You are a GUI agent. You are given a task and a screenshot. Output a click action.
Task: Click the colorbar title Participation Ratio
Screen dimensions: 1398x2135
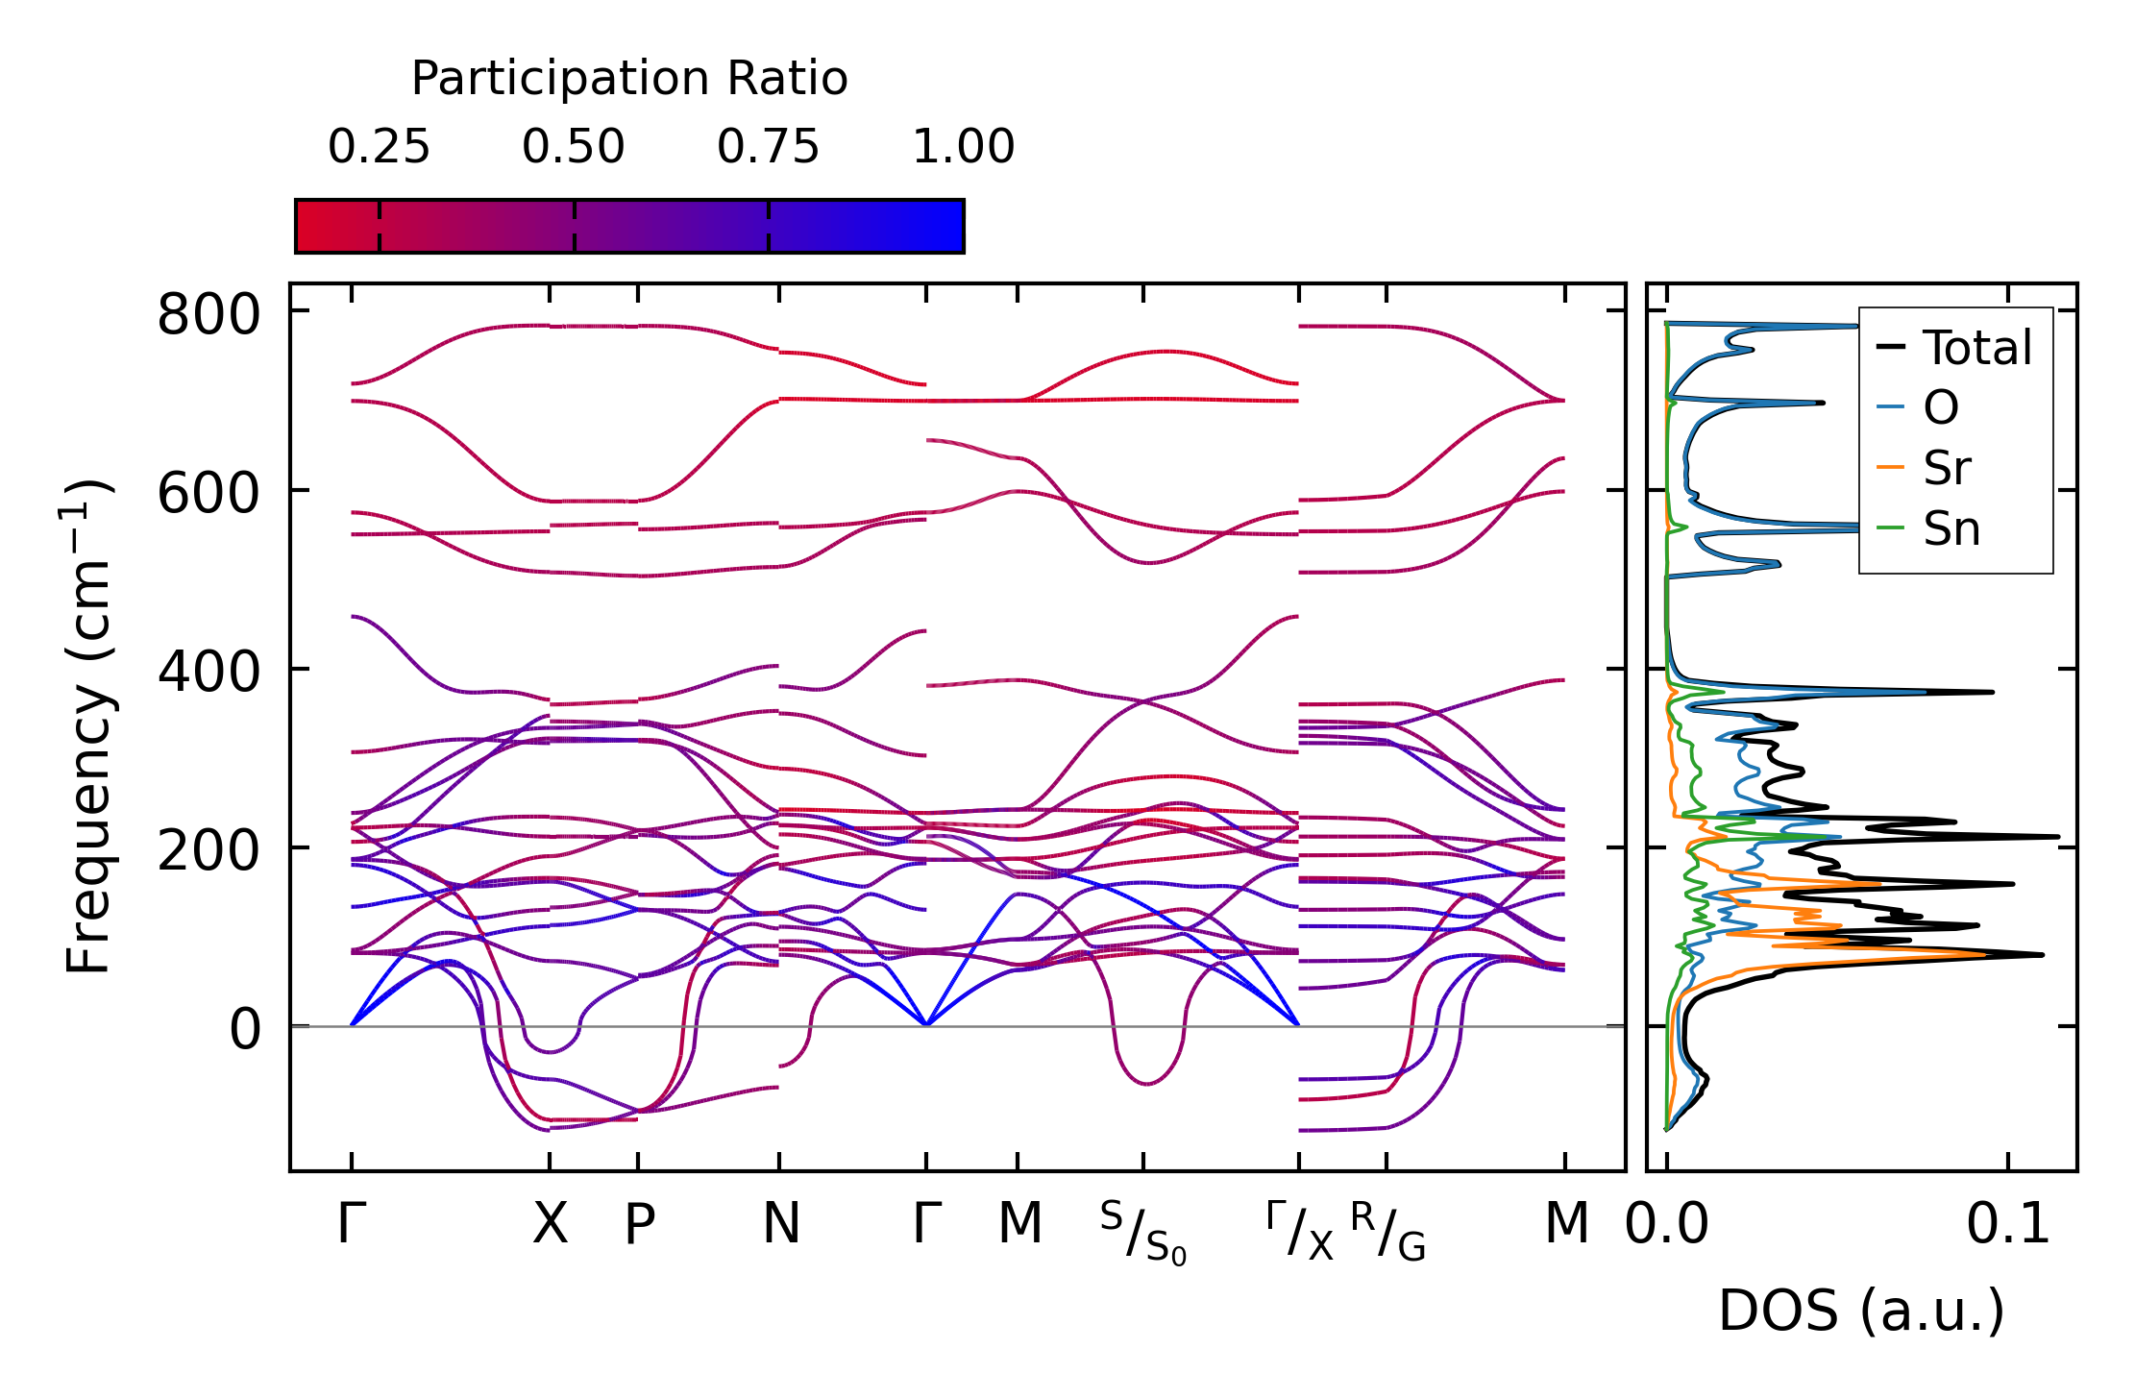pos(629,79)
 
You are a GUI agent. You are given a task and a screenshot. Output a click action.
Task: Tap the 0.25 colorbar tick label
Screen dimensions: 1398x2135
pos(379,147)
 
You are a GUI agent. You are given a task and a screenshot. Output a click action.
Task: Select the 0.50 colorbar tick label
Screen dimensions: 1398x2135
pos(574,147)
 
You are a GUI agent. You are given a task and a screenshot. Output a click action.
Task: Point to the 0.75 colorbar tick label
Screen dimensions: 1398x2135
pos(768,147)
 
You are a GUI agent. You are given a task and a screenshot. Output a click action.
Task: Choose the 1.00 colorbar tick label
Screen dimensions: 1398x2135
pos(963,147)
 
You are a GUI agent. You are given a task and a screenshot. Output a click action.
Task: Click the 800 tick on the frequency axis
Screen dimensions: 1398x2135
pos(209,314)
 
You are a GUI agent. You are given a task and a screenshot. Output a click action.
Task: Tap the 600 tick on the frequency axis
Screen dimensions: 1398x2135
pos(209,494)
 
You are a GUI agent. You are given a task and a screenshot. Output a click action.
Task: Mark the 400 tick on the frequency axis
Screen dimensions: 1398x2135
pos(209,672)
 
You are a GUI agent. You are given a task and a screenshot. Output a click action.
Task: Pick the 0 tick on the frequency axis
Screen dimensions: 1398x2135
pos(245,1030)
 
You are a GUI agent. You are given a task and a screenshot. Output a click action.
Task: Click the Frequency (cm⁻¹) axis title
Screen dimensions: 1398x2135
pos(88,726)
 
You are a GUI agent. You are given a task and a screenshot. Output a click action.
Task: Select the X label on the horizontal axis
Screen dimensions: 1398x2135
pos(550,1224)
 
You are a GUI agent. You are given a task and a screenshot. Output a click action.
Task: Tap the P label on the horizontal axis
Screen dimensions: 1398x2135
pos(639,1224)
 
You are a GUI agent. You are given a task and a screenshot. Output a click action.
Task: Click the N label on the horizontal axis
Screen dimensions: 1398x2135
pos(780,1224)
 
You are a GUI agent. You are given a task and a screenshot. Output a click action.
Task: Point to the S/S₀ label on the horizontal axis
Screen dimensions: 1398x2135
pos(1142,1234)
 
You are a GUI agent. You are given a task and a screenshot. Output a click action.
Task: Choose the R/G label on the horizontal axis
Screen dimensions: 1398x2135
pos(1387,1232)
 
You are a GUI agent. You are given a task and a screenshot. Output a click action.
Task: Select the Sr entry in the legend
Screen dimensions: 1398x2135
pos(1947,468)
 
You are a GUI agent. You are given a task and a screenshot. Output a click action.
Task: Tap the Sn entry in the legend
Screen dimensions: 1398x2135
pos(1951,528)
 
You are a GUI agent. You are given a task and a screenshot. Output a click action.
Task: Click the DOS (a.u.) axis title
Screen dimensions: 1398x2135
pos(1861,1311)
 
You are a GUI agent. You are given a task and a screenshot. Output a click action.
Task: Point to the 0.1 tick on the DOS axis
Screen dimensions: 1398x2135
pos(2007,1224)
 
